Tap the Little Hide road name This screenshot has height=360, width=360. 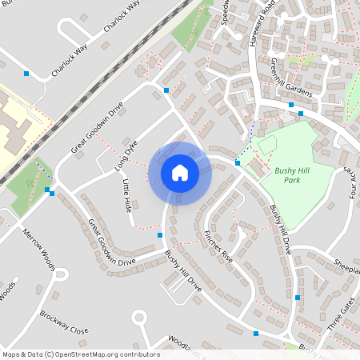point(126,195)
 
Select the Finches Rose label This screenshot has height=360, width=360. point(218,246)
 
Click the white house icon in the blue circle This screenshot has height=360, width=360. point(180,173)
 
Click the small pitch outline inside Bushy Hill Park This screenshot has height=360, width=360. point(267,145)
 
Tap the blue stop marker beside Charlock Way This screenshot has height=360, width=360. point(26,74)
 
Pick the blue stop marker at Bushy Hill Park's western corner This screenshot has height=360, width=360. point(238,163)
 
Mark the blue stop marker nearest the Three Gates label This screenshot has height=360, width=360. point(298,297)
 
